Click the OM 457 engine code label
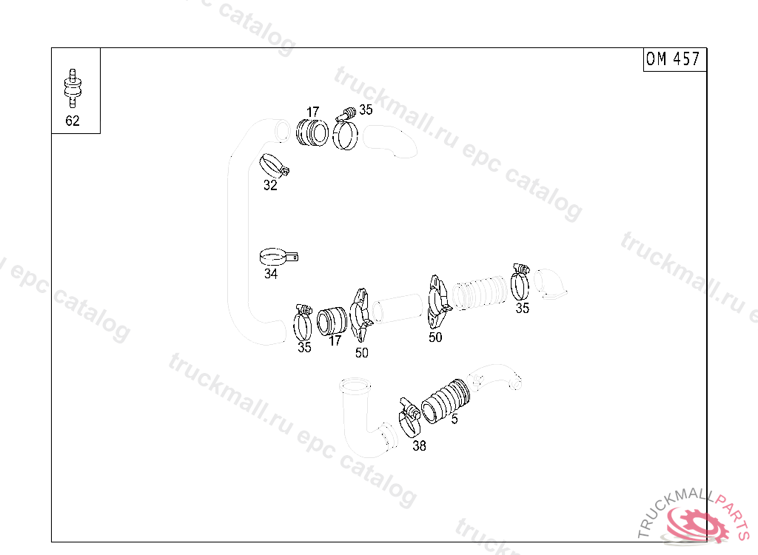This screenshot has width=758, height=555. pyautogui.click(x=673, y=59)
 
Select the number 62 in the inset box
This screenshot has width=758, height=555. pyautogui.click(x=73, y=121)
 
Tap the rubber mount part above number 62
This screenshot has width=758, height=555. pyautogui.click(x=73, y=88)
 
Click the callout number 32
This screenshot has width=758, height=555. pyautogui.click(x=270, y=185)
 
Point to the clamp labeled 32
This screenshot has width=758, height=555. pyautogui.click(x=274, y=166)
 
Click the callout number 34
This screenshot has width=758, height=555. pyautogui.click(x=271, y=274)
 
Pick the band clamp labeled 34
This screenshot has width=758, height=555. pyautogui.click(x=278, y=257)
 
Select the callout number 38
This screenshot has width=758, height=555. pyautogui.click(x=419, y=445)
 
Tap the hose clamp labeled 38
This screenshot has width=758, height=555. pyautogui.click(x=410, y=416)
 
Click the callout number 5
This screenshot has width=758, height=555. pyautogui.click(x=455, y=419)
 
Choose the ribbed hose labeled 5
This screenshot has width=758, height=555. pyautogui.click(x=446, y=401)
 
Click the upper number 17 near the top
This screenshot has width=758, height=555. pyautogui.click(x=313, y=112)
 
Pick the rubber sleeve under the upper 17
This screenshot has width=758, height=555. pyautogui.click(x=312, y=132)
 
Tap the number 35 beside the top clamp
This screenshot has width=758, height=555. pyautogui.click(x=366, y=110)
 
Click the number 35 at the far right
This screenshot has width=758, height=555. pyautogui.click(x=522, y=308)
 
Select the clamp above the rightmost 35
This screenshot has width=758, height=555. pyautogui.click(x=520, y=282)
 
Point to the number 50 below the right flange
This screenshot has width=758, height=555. pyautogui.click(x=435, y=337)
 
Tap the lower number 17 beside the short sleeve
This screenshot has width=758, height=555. pyautogui.click(x=335, y=340)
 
